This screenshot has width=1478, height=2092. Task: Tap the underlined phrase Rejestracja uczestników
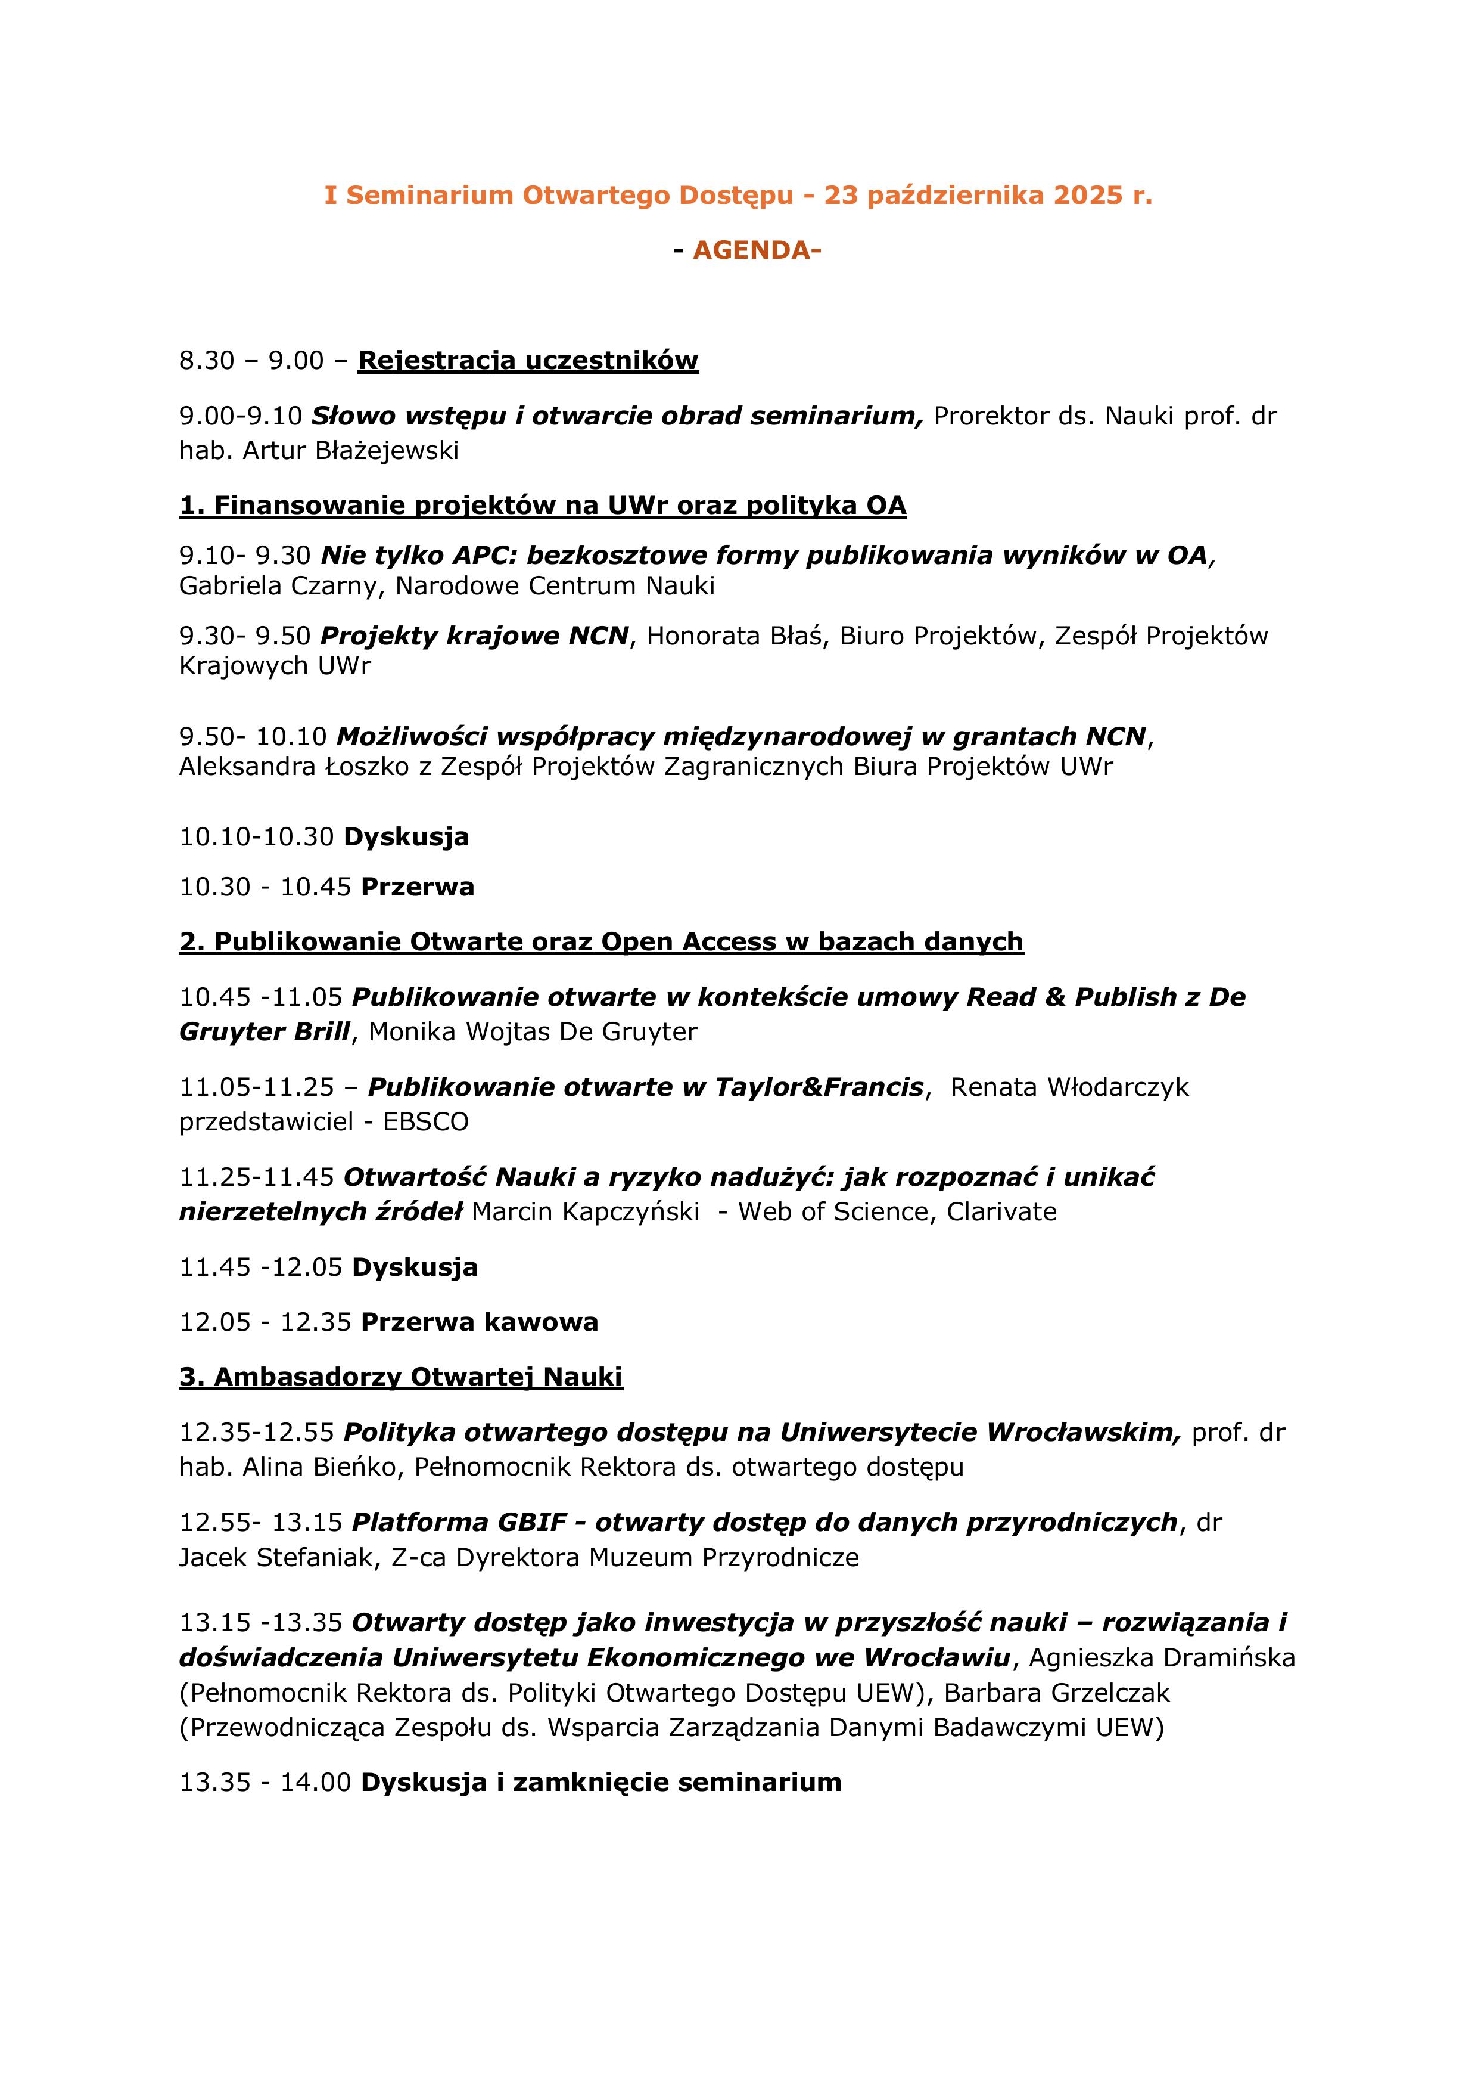pos(528,361)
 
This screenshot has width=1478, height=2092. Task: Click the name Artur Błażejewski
pos(351,450)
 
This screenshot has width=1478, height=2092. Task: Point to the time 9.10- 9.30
pos(245,555)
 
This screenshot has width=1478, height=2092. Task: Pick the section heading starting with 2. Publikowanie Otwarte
pos(601,941)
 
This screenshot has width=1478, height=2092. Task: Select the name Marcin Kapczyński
pos(586,1212)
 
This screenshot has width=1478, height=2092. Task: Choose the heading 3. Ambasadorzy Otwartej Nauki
pos(401,1377)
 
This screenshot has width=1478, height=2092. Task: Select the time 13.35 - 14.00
pos(265,1782)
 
